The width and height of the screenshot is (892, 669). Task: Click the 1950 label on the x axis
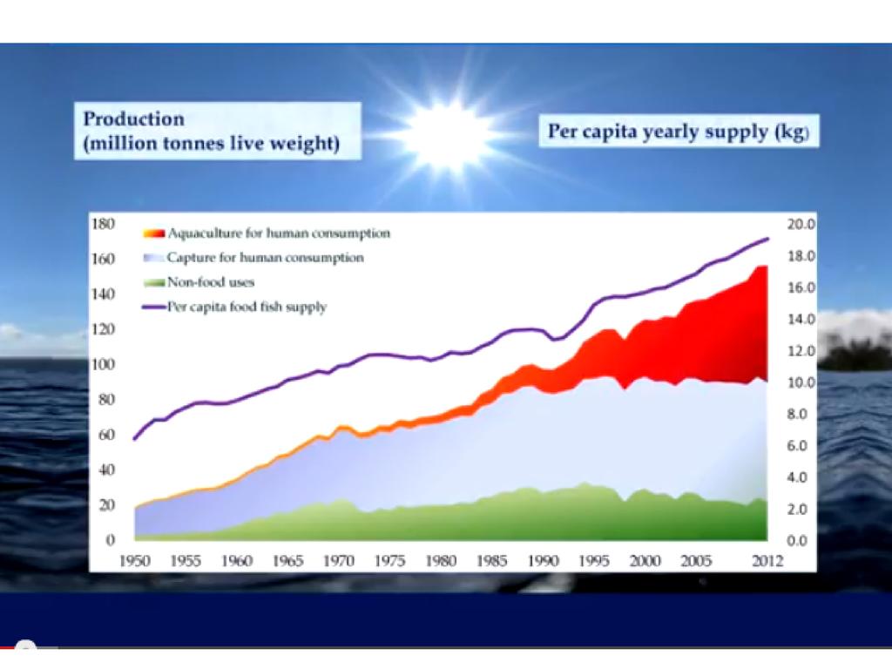coord(134,562)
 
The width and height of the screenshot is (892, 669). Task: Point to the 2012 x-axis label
coord(767,562)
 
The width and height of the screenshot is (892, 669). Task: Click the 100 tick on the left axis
coord(103,364)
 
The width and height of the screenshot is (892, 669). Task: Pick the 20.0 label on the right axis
coord(799,224)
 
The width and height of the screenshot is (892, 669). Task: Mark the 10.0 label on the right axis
coord(799,382)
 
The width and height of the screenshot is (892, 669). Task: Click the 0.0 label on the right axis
coord(799,541)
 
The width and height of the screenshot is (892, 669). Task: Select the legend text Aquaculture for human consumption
coord(279,233)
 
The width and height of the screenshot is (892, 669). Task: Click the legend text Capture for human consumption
coord(265,258)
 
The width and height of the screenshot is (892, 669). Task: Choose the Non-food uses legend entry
coord(211,282)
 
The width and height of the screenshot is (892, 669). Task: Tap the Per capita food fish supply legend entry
coord(247,307)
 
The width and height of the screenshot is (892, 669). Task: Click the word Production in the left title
coord(133,119)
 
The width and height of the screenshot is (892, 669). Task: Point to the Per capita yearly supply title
coord(679,132)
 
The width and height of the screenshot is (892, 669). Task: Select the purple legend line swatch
coord(152,307)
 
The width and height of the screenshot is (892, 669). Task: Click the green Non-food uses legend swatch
coord(152,282)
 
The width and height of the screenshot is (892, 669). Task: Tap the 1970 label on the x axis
coord(339,562)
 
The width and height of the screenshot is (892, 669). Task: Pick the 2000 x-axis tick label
coord(645,562)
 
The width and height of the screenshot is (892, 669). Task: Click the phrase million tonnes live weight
coord(211,144)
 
